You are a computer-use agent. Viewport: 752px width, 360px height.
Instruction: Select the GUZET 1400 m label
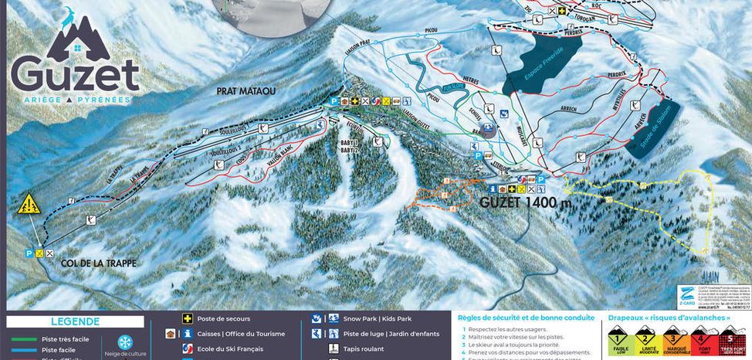pos(531,203)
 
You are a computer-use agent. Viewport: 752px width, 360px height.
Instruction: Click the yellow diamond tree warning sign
pos(30,204)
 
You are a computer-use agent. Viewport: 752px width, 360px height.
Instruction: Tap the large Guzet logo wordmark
pos(74,76)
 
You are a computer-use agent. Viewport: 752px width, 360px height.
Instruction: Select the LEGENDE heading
pos(75,321)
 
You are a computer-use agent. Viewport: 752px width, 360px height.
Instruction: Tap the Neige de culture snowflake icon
pos(124,341)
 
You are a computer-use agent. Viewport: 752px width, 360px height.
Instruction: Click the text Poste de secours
pos(224,318)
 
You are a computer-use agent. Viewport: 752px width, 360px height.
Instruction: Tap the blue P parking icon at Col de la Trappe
pos(29,253)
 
